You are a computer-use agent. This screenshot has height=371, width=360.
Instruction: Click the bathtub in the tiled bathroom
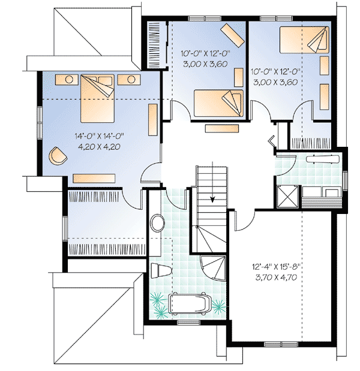coord(190,304)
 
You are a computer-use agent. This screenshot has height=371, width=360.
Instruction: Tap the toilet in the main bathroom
coord(160,271)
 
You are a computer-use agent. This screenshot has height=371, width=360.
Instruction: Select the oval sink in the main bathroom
coord(158,224)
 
